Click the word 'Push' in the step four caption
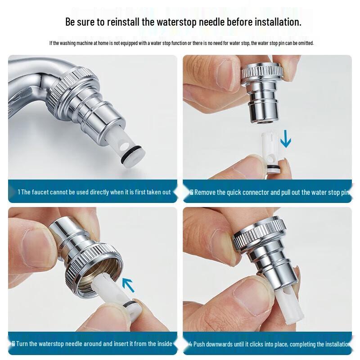tap(201, 344)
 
